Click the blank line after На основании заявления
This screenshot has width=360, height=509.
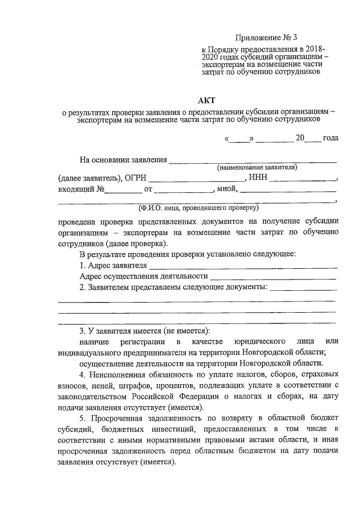[x=253, y=161]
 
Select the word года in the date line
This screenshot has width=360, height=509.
[x=331, y=138]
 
